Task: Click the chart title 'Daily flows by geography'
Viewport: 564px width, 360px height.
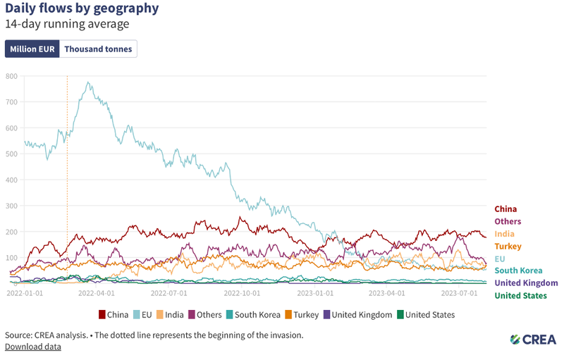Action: point(82,8)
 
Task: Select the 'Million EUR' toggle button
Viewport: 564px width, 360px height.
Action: point(32,49)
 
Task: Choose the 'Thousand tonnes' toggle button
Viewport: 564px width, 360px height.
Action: point(98,49)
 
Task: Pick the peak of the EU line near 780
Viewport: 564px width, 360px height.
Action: point(88,82)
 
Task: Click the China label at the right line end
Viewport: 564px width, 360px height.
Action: point(505,209)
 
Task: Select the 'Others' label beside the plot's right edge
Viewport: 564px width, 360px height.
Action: point(508,222)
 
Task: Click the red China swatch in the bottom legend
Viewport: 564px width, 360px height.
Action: point(102,315)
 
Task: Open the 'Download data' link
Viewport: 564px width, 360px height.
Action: point(32,347)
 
